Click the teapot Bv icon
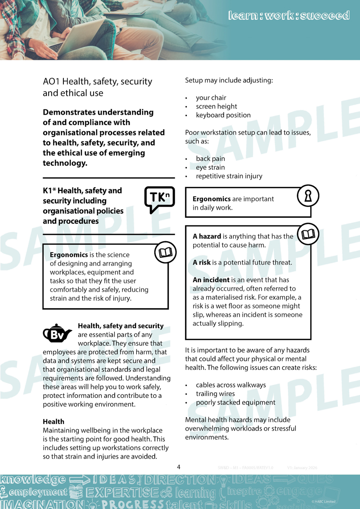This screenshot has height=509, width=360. (x=57, y=334)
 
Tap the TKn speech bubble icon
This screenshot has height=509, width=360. (x=159, y=199)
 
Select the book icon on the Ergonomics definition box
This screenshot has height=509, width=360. (x=165, y=252)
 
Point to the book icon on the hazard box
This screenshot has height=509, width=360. (x=308, y=234)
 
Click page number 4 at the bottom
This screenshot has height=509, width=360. (x=179, y=467)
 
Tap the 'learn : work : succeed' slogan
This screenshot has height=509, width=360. (x=288, y=16)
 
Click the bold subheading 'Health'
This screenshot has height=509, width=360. (x=54, y=422)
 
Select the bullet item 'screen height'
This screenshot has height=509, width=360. (x=216, y=106)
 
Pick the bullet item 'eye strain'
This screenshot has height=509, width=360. (x=210, y=167)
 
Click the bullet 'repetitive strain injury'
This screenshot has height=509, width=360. (x=229, y=176)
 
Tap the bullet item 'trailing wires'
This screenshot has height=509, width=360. (x=215, y=394)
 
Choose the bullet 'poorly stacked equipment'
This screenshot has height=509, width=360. (x=235, y=402)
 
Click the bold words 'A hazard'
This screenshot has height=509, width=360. (x=207, y=236)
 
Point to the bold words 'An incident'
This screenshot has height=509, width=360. (x=211, y=280)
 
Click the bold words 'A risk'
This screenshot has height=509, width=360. (x=202, y=262)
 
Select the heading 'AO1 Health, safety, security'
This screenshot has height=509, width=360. (x=97, y=81)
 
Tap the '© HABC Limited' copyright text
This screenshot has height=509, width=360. (x=323, y=501)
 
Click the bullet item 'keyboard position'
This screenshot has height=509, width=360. (x=223, y=115)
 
